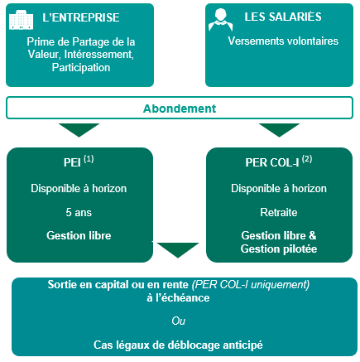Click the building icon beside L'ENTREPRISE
[22, 20]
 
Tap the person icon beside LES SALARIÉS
[221, 19]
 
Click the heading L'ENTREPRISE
[81, 17]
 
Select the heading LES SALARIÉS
[283, 17]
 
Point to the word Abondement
[180, 109]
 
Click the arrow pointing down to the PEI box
[79, 130]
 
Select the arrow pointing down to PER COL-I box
[279, 130]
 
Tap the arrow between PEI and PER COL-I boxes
[178, 250]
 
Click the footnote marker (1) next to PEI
[89, 159]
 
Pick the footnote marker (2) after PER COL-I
[307, 159]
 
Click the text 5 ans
[79, 212]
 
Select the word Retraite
[279, 212]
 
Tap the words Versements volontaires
[283, 41]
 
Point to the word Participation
[81, 67]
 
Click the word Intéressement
[99, 55]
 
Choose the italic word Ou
[179, 321]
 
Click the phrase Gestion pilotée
[279, 249]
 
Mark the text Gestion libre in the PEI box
[79, 235]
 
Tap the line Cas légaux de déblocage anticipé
[178, 345]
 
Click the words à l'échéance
[178, 297]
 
